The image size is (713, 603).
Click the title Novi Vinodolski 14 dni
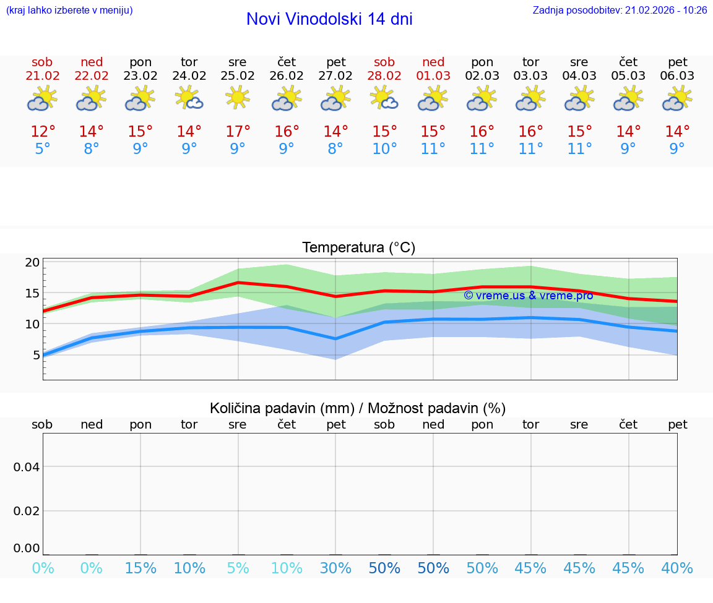coord(329,19)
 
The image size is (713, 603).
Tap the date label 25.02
coord(238,76)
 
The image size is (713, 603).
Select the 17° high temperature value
coord(238,132)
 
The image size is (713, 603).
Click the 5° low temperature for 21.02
coord(43,149)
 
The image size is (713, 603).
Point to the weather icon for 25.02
coord(238,98)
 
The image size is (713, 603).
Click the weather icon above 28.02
coord(384,98)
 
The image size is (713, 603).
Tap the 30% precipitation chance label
coord(335,568)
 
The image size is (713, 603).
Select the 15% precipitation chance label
coord(140,568)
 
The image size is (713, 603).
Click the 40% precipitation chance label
coord(677,568)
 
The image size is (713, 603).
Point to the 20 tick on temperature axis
coord(32,262)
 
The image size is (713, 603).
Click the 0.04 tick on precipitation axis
coord(27,467)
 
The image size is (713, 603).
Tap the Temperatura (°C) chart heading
coord(358,248)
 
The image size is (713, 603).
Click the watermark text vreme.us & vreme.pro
coord(529,296)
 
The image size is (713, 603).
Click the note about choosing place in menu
coord(69,11)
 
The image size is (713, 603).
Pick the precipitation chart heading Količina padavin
coord(358,408)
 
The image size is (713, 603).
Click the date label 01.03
coord(433,76)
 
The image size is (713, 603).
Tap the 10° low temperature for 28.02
coord(384,149)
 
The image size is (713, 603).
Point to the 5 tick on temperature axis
coord(36,355)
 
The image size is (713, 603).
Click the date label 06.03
coord(678,76)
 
